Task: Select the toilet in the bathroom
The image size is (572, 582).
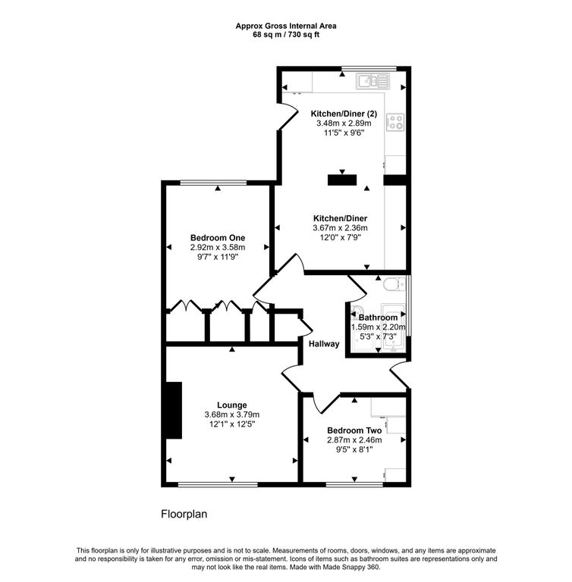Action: click(x=391, y=285)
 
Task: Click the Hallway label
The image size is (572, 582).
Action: click(x=324, y=344)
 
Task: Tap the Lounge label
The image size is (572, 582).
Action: click(x=231, y=405)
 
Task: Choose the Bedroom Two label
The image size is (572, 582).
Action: click(x=354, y=430)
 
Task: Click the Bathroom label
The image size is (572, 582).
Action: click(x=378, y=318)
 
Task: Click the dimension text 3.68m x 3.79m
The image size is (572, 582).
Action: click(x=231, y=415)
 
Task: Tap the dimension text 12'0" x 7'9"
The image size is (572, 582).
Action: click(x=339, y=237)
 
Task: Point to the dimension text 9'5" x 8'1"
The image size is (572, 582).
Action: click(x=354, y=449)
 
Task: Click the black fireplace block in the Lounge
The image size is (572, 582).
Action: click(x=174, y=410)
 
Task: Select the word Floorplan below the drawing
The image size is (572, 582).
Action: click(x=184, y=514)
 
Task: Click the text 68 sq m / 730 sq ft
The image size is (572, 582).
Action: click(x=285, y=34)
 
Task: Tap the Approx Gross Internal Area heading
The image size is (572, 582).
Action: click(x=285, y=25)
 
